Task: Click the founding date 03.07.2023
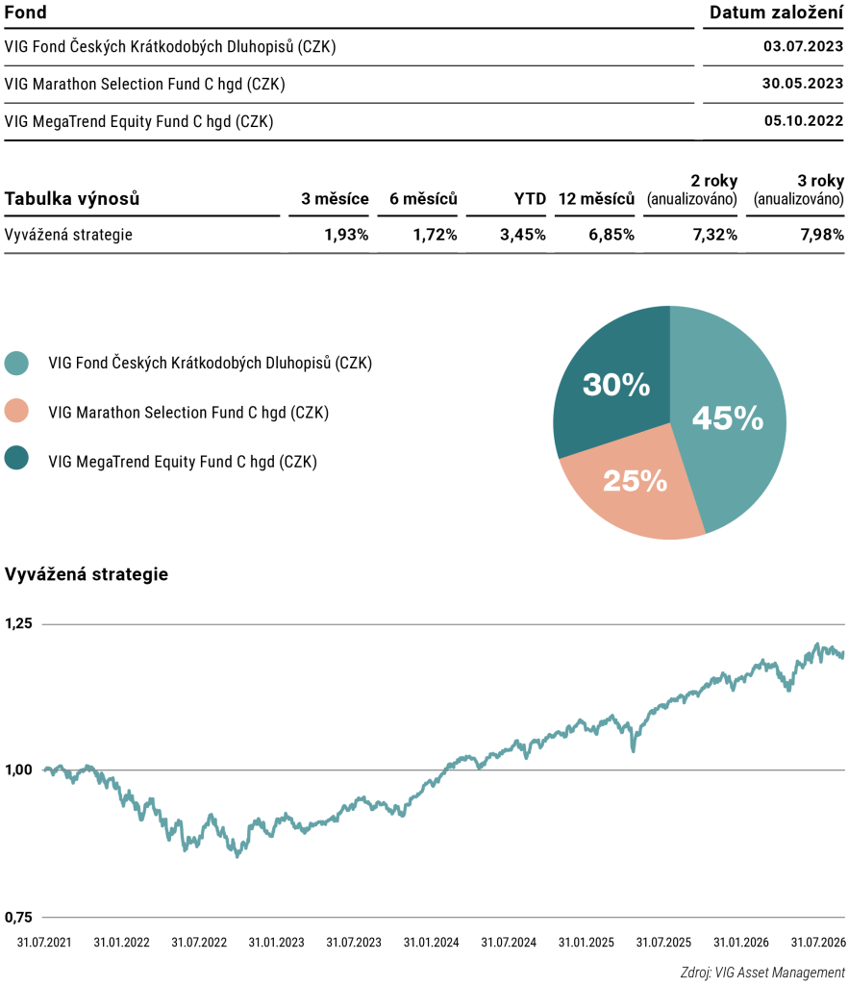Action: pyautogui.click(x=803, y=46)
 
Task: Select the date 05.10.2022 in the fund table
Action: pyautogui.click(x=804, y=121)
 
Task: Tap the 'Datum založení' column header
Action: pyautogui.click(x=777, y=13)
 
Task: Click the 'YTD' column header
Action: pyautogui.click(x=530, y=199)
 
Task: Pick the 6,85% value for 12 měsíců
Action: pyautogui.click(x=611, y=235)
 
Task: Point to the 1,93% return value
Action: pyautogui.click(x=346, y=235)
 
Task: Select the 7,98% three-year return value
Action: pyautogui.click(x=822, y=235)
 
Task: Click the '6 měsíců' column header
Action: pyautogui.click(x=423, y=199)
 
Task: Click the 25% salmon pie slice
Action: pyautogui.click(x=634, y=487)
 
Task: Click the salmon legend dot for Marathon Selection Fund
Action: pyautogui.click(x=16, y=411)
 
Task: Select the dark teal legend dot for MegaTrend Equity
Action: pyautogui.click(x=16, y=458)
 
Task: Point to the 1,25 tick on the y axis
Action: pyautogui.click(x=18, y=623)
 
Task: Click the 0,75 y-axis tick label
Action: pyautogui.click(x=18, y=918)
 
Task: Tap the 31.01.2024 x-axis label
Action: pyautogui.click(x=432, y=943)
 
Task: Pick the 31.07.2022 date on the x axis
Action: pyautogui.click(x=199, y=943)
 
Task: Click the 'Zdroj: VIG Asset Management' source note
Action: pyautogui.click(x=762, y=973)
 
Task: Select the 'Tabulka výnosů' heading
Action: pyautogui.click(x=71, y=199)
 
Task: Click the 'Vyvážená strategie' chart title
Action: pyautogui.click(x=86, y=574)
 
